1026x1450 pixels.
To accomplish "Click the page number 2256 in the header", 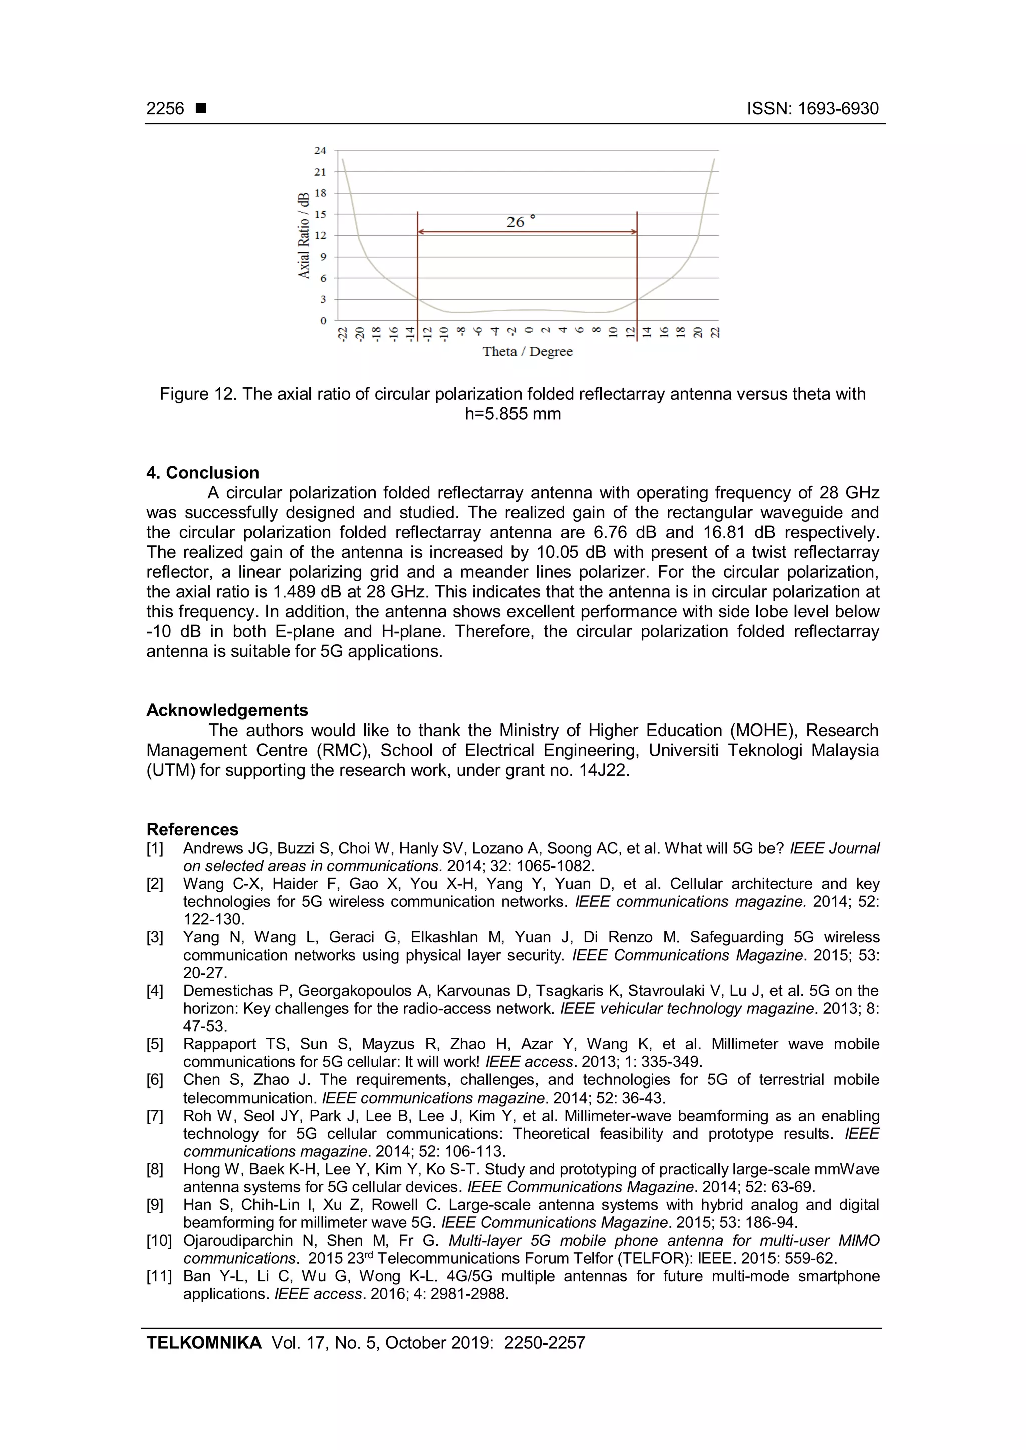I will [x=165, y=109].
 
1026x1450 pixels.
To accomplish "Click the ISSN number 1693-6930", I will [x=838, y=109].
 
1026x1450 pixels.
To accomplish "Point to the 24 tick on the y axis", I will [x=320, y=150].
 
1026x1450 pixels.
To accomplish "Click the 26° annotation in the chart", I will [x=520, y=222].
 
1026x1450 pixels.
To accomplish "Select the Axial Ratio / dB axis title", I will [x=304, y=235].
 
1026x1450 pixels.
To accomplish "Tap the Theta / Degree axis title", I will [x=528, y=352].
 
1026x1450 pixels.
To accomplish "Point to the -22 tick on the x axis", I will [x=343, y=333].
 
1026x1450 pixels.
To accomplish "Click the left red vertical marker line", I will [x=418, y=265].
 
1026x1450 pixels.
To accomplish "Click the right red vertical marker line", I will [x=637, y=265].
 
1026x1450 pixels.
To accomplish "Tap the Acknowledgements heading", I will [x=227, y=710].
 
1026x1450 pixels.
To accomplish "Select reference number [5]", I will [x=155, y=1044].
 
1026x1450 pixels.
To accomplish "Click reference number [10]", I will [x=159, y=1241].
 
